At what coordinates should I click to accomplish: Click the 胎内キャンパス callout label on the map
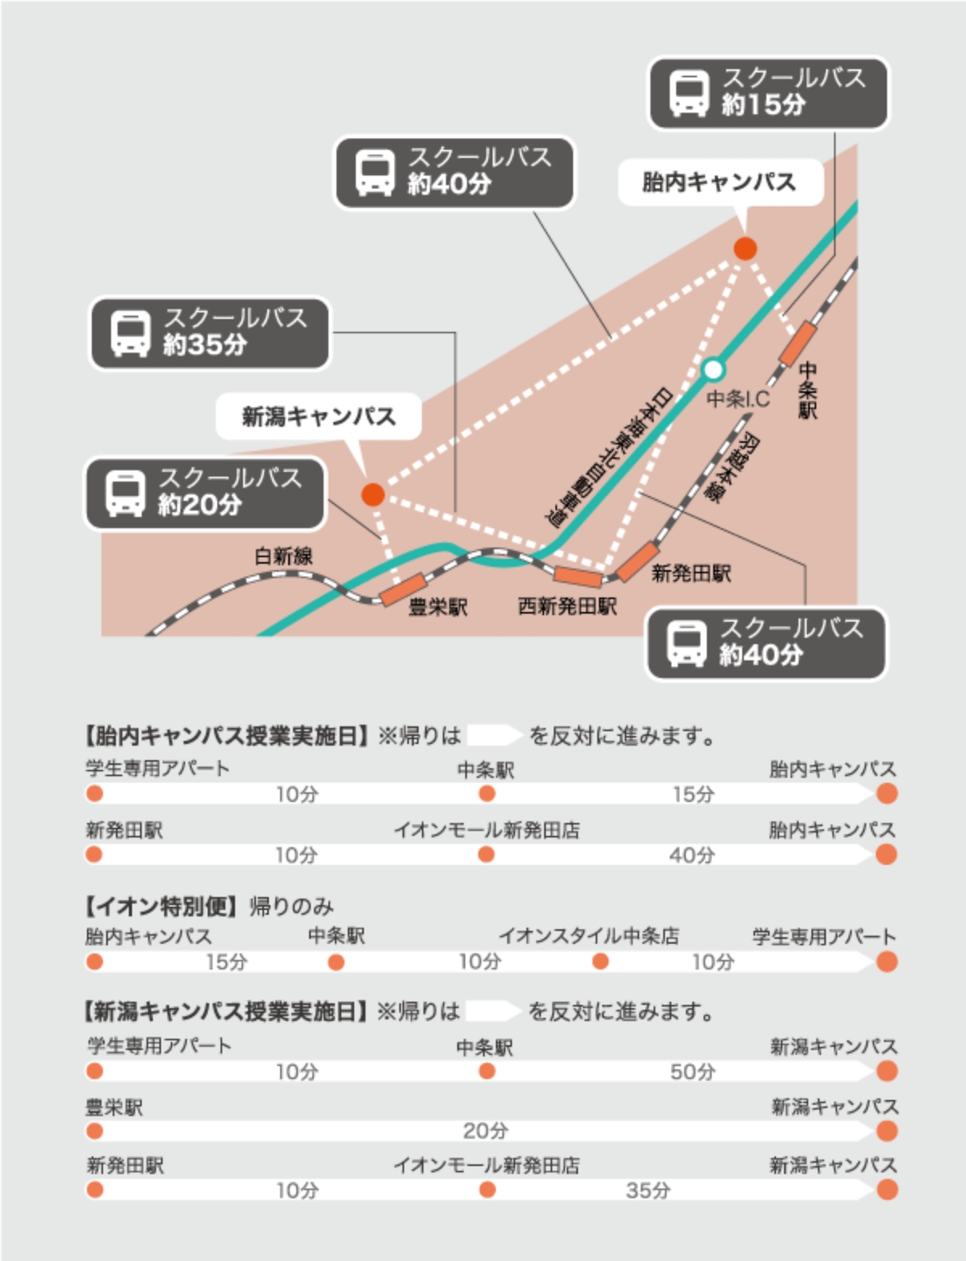coord(719,182)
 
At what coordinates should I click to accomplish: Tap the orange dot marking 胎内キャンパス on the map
coord(745,249)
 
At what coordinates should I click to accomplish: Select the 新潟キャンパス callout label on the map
coord(319,416)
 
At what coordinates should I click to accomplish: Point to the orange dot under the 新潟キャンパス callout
coord(373,494)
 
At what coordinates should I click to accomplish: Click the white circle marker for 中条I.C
coord(713,370)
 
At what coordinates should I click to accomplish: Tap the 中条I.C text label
coord(737,399)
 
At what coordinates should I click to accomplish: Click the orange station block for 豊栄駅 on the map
coord(402,589)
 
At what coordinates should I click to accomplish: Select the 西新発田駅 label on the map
coord(568,606)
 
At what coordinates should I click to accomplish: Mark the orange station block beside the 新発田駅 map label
coord(637,561)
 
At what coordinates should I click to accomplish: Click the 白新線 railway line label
coord(283,556)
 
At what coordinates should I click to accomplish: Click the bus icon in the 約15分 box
coord(689,94)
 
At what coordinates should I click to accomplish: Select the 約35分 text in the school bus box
coord(205,345)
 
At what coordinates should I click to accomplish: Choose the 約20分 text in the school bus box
coord(200,505)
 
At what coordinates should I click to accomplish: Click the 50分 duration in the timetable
coord(692,1072)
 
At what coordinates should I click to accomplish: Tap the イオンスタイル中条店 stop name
coord(588,936)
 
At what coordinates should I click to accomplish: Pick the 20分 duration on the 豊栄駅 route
coord(485,1131)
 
